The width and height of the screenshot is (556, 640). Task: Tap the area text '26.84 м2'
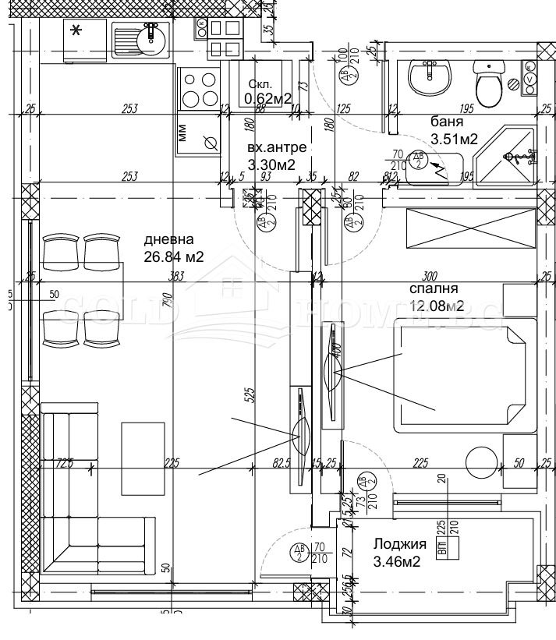174,256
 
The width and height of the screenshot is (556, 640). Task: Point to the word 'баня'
447,122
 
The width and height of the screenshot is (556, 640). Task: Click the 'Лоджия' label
399,544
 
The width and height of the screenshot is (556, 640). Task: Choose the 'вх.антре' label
276,147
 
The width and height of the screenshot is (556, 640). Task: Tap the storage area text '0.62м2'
267,98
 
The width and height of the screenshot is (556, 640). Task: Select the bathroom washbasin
430,76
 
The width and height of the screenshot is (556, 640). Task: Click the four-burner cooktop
200,89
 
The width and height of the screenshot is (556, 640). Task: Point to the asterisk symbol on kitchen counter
76,31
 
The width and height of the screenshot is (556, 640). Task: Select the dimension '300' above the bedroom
428,275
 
